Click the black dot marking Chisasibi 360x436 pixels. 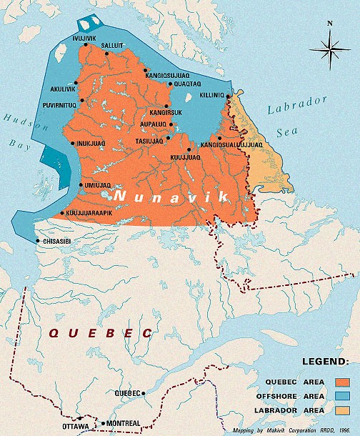click(38, 241)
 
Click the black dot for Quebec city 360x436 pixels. click(144, 392)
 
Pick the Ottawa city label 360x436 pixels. click(75, 427)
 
